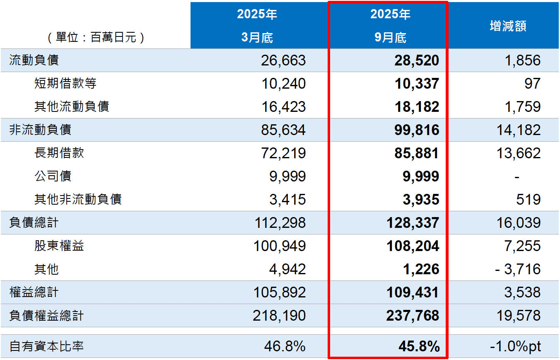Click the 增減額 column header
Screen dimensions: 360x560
[x=507, y=26]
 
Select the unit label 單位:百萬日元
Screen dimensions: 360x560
[x=96, y=38]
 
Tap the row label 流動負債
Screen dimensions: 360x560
[x=34, y=60]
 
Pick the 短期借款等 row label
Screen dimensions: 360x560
[x=65, y=84]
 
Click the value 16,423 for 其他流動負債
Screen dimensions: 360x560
[x=283, y=107]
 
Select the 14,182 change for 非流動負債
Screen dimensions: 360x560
[x=518, y=130]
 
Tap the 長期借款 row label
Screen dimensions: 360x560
[x=59, y=153]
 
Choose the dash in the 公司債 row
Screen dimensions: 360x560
[x=517, y=177]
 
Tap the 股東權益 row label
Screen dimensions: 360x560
[x=59, y=246]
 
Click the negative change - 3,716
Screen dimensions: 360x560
[x=518, y=269]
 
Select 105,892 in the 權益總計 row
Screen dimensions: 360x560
[x=280, y=292]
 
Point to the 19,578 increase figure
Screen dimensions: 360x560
[x=518, y=316]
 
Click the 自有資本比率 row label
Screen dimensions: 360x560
[x=46, y=346]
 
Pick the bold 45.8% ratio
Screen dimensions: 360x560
[x=418, y=346]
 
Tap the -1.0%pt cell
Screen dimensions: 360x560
[x=515, y=346]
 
